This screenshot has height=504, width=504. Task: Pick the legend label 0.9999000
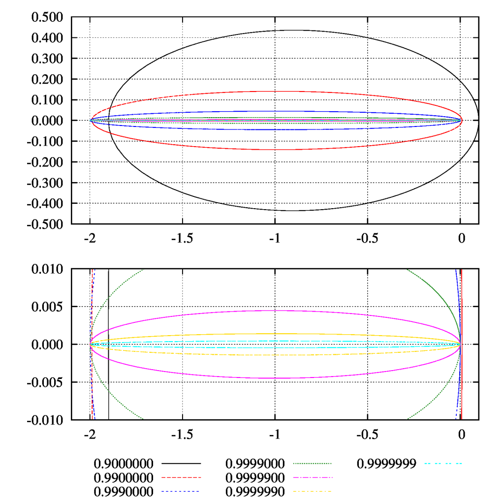(x=255, y=464)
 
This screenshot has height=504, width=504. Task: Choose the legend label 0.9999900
(x=255, y=477)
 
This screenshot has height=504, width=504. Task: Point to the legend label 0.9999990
(x=255, y=491)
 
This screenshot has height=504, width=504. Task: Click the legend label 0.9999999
(x=387, y=464)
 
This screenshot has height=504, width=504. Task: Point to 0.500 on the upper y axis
(x=47, y=17)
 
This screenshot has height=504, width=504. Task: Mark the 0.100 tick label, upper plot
(x=47, y=100)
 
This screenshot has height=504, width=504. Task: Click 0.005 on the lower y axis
(x=47, y=307)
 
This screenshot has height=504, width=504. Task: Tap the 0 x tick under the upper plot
(x=461, y=238)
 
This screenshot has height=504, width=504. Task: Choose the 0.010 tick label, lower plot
(x=47, y=269)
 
